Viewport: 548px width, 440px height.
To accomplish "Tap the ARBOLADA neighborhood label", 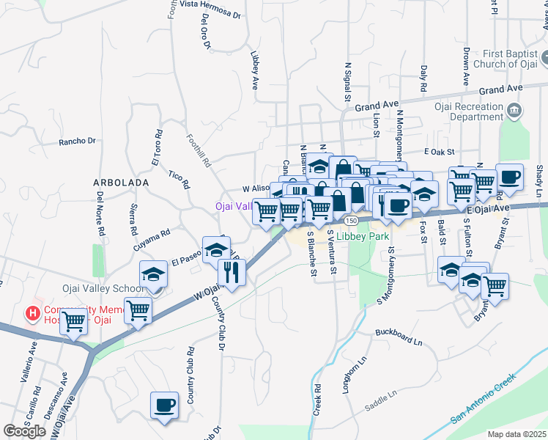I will click(121, 181).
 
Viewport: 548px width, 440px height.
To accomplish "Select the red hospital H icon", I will click(33, 314).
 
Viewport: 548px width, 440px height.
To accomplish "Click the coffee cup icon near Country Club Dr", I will click(164, 405).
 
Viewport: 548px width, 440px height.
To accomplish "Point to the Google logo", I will click(24, 431).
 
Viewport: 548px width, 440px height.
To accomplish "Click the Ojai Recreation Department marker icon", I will click(514, 111).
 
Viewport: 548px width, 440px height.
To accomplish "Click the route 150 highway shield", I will click(352, 220).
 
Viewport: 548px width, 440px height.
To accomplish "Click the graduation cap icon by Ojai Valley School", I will click(154, 274).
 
